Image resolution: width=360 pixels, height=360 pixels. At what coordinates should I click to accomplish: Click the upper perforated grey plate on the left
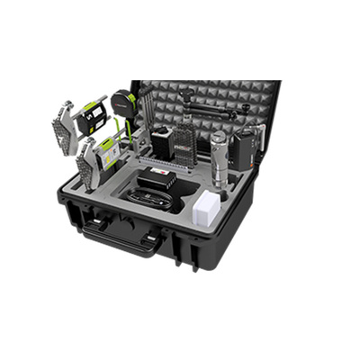pyautogui.click(x=64, y=125)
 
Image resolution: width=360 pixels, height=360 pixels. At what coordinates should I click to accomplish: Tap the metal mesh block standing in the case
pyautogui.click(x=184, y=143)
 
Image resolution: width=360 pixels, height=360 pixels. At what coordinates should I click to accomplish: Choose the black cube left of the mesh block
pyautogui.click(x=162, y=142)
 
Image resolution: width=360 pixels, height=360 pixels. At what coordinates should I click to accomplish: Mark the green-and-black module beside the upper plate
pyautogui.click(x=93, y=118)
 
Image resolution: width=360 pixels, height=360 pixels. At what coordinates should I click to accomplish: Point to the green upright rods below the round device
pyautogui.click(x=131, y=135)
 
